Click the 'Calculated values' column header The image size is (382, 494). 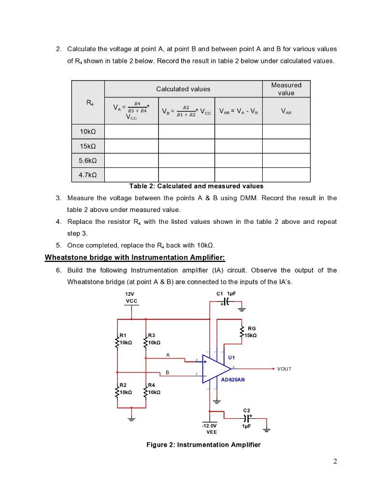pos(183,89)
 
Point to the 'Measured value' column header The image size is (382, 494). pos(286,89)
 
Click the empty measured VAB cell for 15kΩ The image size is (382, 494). pos(286,146)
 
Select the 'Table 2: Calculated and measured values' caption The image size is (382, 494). pos(196,186)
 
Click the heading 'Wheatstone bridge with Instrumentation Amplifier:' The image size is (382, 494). pos(135,258)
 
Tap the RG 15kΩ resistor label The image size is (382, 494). pos(252,332)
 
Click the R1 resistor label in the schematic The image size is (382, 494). pos(123,335)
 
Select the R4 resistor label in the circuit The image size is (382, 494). pos(152,385)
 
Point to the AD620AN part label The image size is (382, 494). pos(233,380)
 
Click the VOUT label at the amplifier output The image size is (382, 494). pos(284,369)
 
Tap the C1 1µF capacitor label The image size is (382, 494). pos(226,294)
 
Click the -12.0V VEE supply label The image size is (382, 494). pos(209,429)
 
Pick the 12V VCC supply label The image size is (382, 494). pos(131,297)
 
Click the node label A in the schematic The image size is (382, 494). pos(168,355)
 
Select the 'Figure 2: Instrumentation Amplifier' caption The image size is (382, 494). pos(203,445)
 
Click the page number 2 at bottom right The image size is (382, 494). pos(335,461)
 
